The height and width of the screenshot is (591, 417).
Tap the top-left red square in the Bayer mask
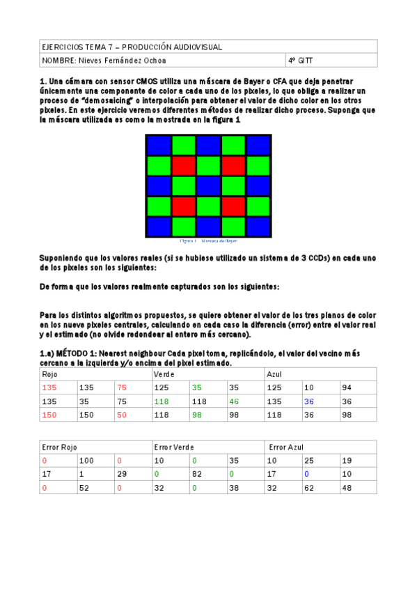pyautogui.click(x=183, y=166)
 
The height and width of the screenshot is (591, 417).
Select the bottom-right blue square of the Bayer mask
pyautogui.click(x=258, y=227)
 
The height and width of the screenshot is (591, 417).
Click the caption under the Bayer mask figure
pyautogui.click(x=208, y=240)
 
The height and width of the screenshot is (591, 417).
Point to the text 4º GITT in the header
pyautogui.click(x=301, y=61)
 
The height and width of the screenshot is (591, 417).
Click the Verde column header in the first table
pyautogui.click(x=164, y=374)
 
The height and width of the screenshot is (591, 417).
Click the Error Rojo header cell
pyautogui.click(x=60, y=447)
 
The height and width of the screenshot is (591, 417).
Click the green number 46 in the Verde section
pyautogui.click(x=235, y=401)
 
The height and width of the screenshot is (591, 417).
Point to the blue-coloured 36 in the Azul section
pyautogui.click(x=309, y=401)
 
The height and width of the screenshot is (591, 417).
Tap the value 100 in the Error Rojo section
pyautogui.click(x=86, y=460)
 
